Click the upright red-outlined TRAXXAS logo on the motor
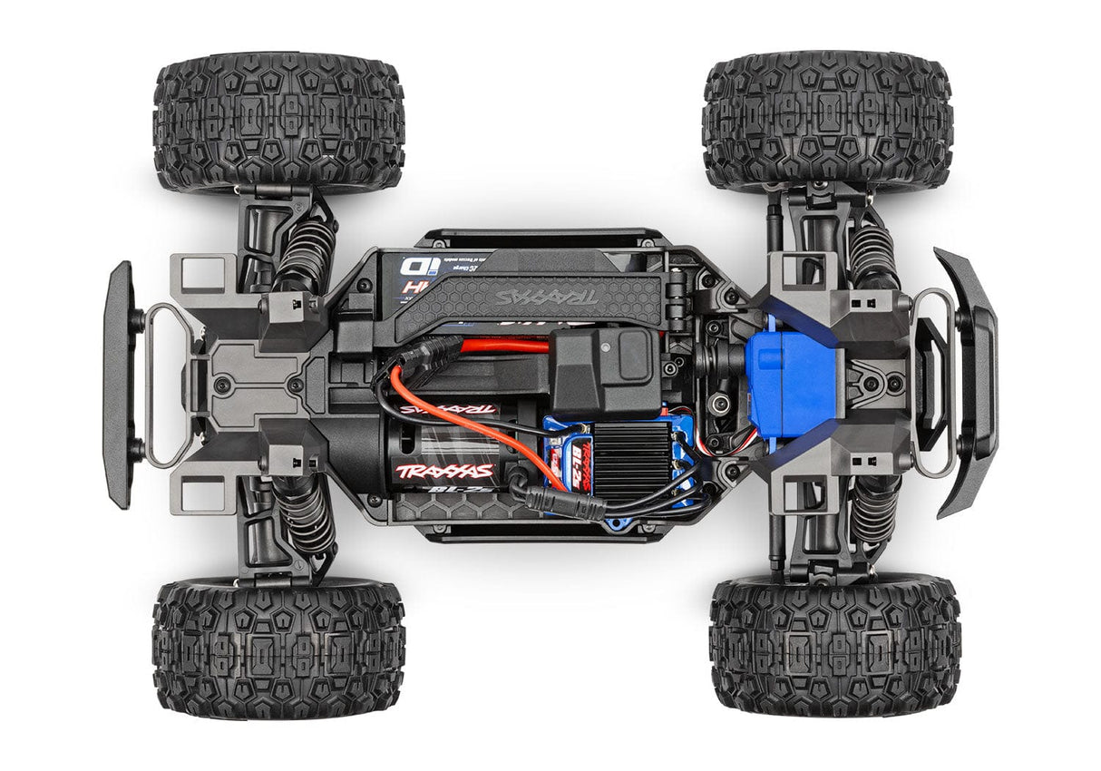point(444,471)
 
